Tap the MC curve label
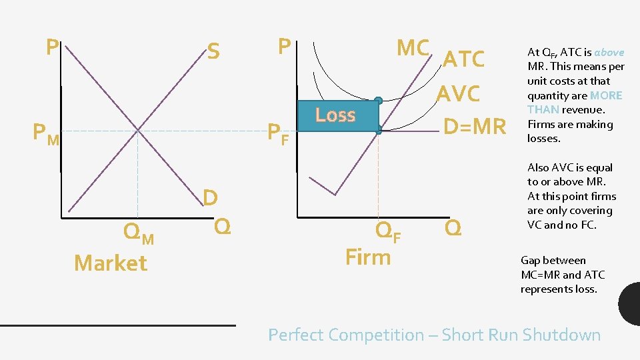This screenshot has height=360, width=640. point(413,48)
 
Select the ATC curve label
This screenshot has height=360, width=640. point(463,59)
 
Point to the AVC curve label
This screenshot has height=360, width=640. point(458,94)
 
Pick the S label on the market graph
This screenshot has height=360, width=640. point(213,51)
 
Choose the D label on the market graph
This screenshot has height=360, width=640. point(210,197)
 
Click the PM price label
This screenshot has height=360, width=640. point(46,134)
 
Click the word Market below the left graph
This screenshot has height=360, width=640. point(111,263)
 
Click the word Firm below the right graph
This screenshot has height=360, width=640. point(368,257)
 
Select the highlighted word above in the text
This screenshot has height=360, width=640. point(609,52)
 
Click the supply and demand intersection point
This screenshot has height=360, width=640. point(138,130)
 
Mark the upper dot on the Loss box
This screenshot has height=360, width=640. point(378,101)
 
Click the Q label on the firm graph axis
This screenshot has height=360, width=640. point(453,228)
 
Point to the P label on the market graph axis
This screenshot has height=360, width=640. point(51,47)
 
